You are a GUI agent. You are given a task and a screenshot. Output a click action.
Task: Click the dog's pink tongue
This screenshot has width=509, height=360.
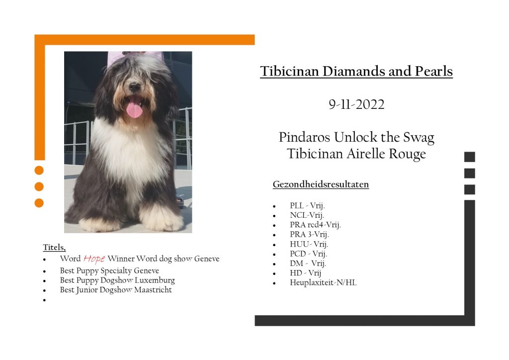(134, 110)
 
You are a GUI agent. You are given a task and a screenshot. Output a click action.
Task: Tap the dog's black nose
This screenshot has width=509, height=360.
(134, 87)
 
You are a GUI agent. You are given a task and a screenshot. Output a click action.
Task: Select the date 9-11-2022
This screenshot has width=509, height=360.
(356, 104)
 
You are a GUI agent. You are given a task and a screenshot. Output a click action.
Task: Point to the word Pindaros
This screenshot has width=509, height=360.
(305, 137)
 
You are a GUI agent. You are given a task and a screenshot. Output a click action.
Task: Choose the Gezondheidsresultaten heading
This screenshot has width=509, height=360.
(321, 184)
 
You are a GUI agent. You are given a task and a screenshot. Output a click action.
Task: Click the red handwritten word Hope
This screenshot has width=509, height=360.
(94, 259)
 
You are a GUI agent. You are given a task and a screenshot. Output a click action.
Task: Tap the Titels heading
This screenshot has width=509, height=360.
(54, 247)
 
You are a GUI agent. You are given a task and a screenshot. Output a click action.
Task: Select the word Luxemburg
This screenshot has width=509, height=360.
(155, 280)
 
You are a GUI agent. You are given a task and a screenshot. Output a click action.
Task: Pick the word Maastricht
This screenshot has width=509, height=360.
(153, 289)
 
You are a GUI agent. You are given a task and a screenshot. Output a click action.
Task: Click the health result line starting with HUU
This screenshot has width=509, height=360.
(309, 244)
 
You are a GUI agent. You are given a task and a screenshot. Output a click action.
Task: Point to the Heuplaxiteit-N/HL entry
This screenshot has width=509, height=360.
(323, 282)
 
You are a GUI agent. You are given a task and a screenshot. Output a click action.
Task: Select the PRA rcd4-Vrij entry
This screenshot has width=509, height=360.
(315, 225)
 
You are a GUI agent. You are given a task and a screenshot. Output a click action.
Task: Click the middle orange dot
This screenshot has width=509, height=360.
(39, 186)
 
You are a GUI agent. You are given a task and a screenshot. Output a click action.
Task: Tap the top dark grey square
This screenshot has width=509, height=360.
(469, 157)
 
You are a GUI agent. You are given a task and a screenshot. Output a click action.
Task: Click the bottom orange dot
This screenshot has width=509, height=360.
(39, 203)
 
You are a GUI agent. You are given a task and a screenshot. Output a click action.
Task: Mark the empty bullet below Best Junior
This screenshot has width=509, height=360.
(44, 300)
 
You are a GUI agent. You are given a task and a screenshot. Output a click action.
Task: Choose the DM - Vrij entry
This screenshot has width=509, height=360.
(308, 263)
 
